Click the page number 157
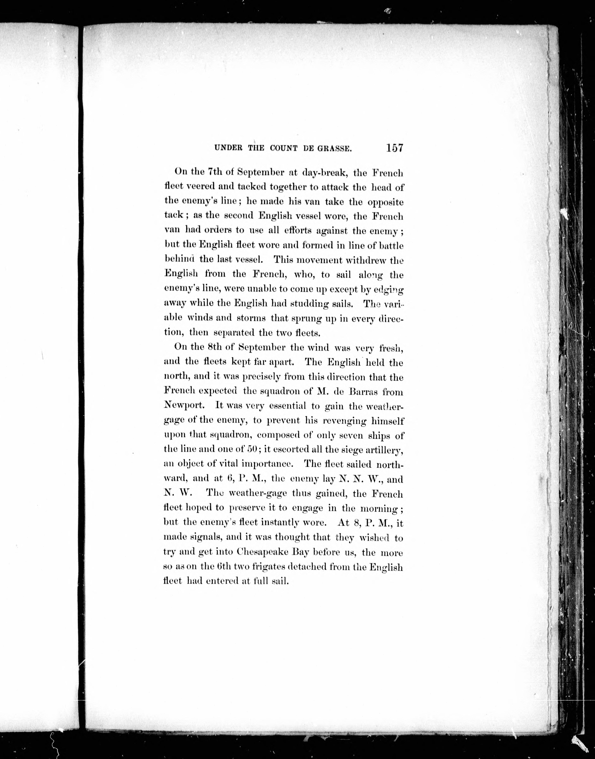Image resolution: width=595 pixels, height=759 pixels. pyautogui.click(x=394, y=148)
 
